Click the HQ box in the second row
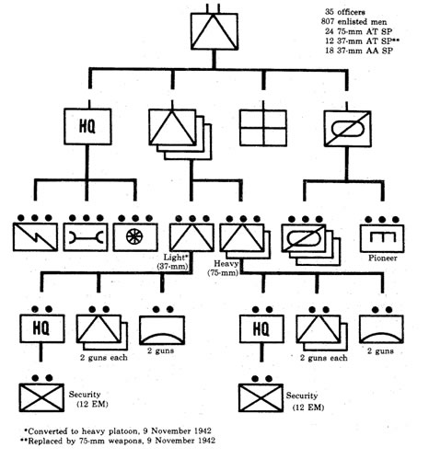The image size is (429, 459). [87, 126]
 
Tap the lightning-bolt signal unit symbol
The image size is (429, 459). [35, 237]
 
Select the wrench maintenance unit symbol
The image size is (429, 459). [86, 237]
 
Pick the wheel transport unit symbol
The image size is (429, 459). [135, 237]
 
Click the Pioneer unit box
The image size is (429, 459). [382, 238]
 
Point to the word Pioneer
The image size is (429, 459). [383, 258]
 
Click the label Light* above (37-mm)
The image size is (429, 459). [175, 258]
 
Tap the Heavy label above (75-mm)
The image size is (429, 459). [226, 264]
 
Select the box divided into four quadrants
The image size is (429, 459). [263, 128]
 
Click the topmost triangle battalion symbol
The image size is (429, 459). [214, 31]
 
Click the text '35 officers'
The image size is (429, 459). [345, 12]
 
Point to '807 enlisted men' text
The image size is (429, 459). [354, 22]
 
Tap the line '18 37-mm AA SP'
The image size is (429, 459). [359, 51]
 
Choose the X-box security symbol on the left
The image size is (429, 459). [41, 397]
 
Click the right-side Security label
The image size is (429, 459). [302, 396]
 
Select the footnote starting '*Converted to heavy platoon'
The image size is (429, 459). [118, 431]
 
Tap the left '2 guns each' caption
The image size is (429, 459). [104, 358]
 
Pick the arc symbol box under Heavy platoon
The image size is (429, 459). [381, 329]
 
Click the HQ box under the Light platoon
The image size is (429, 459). [42, 328]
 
